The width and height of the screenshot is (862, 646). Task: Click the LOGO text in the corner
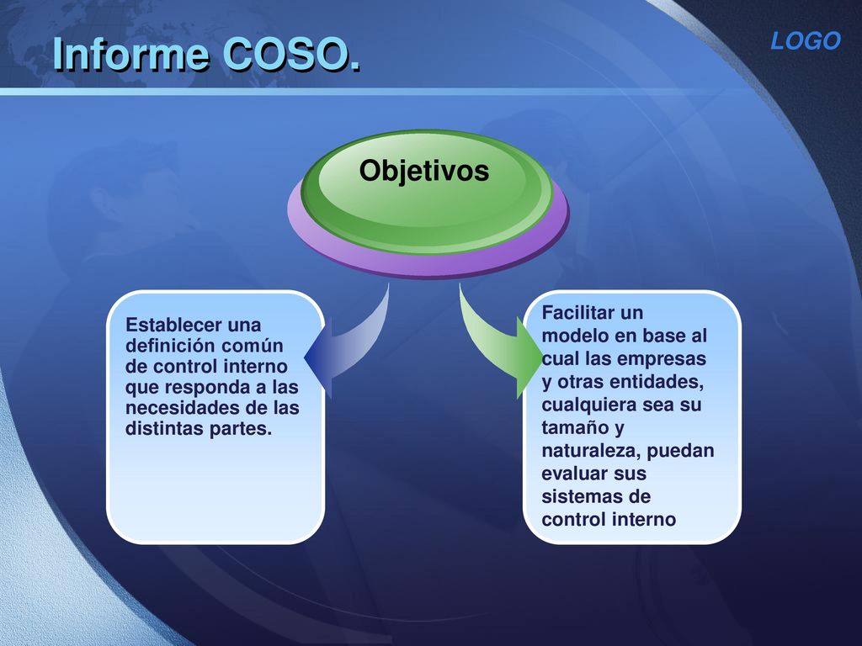(x=806, y=40)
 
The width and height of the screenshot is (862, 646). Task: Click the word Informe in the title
(x=131, y=54)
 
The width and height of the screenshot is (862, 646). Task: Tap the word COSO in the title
(x=285, y=55)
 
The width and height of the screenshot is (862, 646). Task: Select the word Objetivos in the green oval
(x=424, y=170)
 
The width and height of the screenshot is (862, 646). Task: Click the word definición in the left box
(x=162, y=346)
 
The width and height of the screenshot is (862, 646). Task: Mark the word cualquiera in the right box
(x=588, y=405)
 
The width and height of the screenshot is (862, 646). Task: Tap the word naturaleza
(x=591, y=451)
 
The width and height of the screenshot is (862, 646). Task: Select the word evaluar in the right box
(x=574, y=474)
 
